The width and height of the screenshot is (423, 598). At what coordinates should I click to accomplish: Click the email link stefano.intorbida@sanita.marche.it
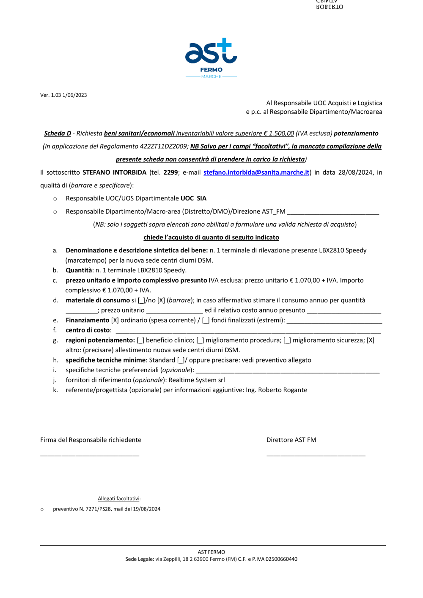coord(256,173)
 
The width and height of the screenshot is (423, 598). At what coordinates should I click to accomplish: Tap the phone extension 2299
coord(170,173)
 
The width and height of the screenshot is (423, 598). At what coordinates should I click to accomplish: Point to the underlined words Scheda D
coord(58,134)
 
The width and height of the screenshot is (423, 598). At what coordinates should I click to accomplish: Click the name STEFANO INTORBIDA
coord(114,173)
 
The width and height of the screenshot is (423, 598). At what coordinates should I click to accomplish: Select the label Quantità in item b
coord(79,270)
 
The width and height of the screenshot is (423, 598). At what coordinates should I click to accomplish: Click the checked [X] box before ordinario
coord(115,321)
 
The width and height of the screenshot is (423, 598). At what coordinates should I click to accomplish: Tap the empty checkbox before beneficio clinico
coord(140,340)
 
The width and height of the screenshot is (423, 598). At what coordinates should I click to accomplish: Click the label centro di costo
coord(88,330)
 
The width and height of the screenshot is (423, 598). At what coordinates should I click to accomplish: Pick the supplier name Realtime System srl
coord(197,380)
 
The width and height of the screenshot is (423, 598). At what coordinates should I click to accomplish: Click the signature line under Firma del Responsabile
coord(90,455)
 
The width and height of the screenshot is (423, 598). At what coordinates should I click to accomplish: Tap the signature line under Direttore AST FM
coord(316,455)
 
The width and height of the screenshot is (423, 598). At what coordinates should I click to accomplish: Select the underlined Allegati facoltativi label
coord(119,499)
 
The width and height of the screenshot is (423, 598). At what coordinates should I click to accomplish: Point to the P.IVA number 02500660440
coord(281,559)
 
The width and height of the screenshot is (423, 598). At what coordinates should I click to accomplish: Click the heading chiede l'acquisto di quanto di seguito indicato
coord(211,238)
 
